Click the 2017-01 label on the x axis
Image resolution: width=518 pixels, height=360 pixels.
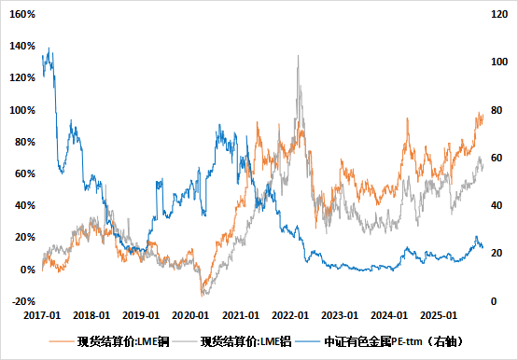44,317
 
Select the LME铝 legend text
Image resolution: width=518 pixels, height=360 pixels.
244,342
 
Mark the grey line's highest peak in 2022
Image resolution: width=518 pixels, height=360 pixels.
299,56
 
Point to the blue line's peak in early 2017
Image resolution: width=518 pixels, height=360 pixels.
49,49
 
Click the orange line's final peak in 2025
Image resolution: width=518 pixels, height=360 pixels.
480,113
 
